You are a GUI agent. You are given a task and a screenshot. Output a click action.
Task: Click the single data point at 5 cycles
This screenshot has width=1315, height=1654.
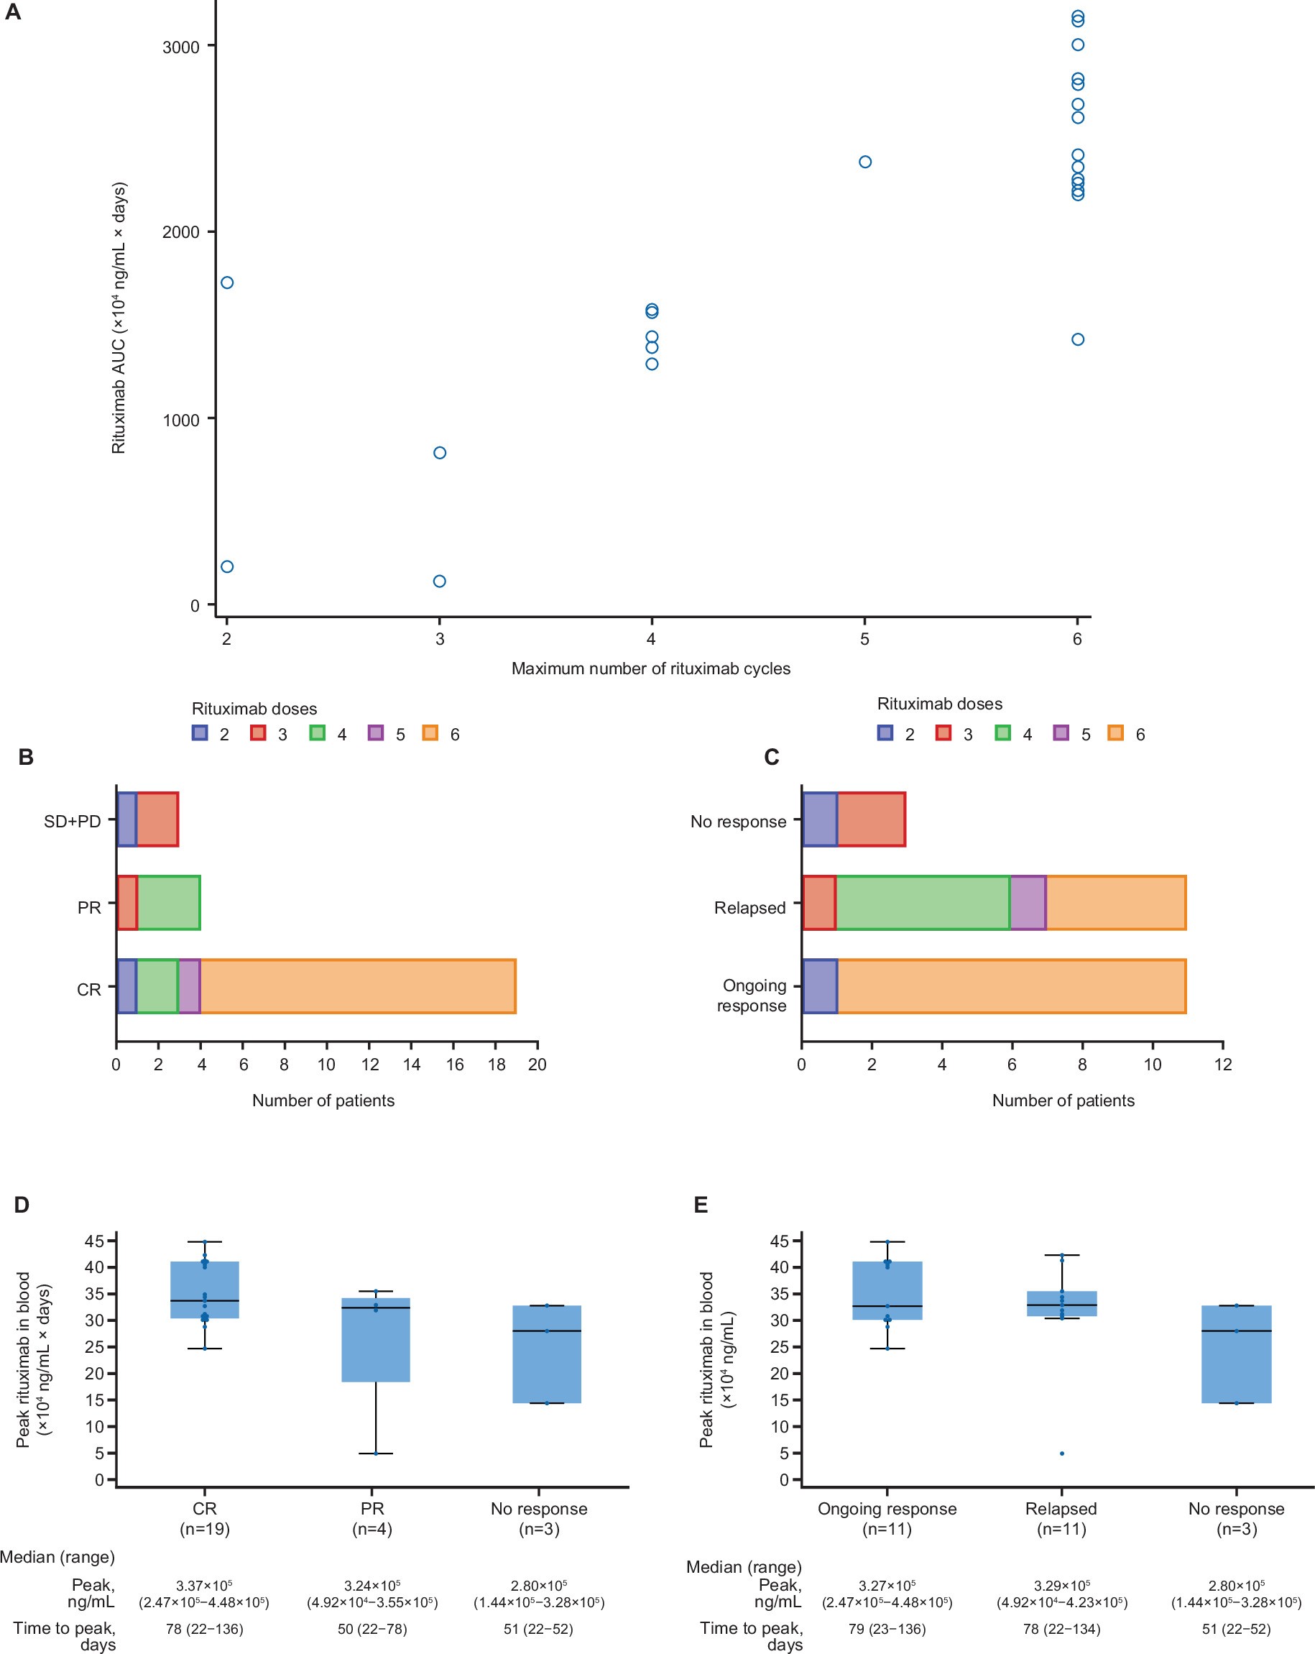[x=865, y=162]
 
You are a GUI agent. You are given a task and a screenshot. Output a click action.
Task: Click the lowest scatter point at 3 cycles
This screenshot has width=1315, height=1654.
[x=439, y=581]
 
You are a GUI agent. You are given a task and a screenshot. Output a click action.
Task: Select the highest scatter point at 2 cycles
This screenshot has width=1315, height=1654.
[x=227, y=282]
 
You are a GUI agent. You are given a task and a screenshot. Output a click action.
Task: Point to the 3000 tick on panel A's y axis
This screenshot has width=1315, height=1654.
[x=181, y=47]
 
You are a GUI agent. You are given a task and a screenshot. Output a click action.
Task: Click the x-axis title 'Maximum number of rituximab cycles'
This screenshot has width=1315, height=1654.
[x=650, y=669]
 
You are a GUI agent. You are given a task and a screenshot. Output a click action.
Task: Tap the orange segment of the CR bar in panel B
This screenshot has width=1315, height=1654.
[x=357, y=985]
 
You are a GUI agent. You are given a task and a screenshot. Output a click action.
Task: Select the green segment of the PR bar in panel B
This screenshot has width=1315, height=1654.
[x=169, y=903]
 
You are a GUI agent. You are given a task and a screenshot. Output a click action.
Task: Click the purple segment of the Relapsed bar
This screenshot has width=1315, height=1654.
[x=1028, y=903]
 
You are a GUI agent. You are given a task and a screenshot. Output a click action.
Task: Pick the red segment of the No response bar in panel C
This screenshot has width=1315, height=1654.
[x=871, y=820]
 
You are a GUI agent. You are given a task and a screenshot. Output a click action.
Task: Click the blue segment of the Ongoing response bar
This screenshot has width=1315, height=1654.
[x=820, y=985]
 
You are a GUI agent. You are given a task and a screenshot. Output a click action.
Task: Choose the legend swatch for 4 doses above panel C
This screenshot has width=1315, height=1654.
[x=1003, y=732]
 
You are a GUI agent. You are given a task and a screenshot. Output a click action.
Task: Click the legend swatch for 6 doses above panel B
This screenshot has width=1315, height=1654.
[x=430, y=732]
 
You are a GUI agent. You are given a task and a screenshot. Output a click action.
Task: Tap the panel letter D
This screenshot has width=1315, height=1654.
[x=22, y=1205]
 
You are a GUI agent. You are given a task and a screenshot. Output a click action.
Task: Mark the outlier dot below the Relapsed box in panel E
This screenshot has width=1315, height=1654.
[x=1062, y=1453]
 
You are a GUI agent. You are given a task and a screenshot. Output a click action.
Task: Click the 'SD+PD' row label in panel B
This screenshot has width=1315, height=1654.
[x=72, y=821]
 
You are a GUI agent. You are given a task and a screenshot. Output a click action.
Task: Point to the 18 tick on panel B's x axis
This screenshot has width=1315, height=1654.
[x=496, y=1064]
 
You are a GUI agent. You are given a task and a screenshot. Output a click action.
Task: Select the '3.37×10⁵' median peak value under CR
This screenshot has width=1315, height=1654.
[x=204, y=1585]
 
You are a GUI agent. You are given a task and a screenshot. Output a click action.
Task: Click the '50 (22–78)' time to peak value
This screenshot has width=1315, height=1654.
[x=372, y=1629]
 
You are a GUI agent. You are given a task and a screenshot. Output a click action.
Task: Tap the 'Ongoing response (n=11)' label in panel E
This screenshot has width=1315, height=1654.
[x=887, y=1518]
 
